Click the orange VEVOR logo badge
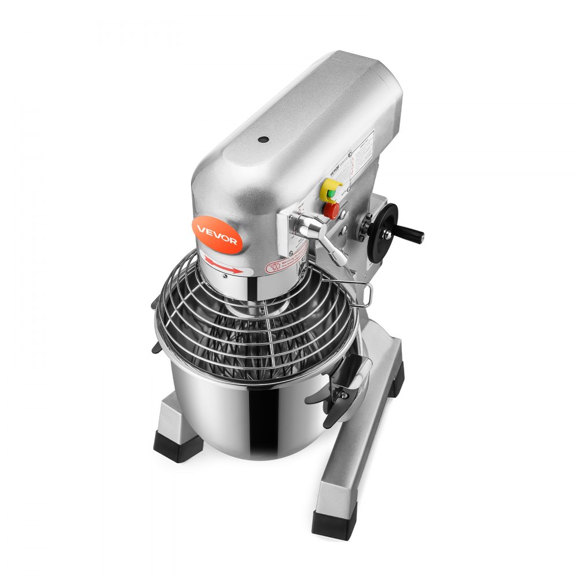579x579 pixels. [x=217, y=234]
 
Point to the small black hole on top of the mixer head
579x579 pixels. [x=263, y=140]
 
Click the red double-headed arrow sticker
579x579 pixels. [x=222, y=266]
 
